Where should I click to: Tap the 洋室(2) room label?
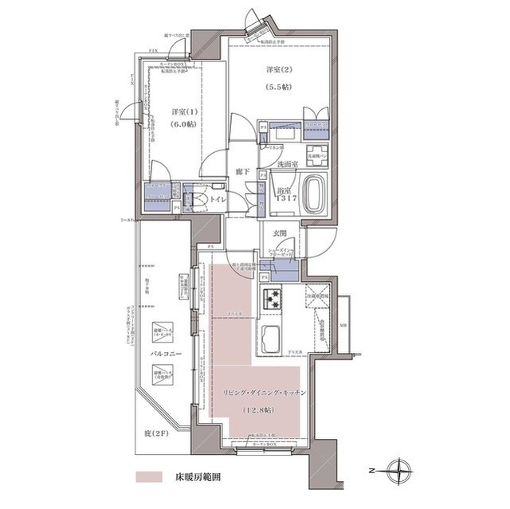(279, 70)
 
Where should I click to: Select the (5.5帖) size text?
(279, 88)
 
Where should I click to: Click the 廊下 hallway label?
(243, 172)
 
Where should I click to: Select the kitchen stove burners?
(273, 300)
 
